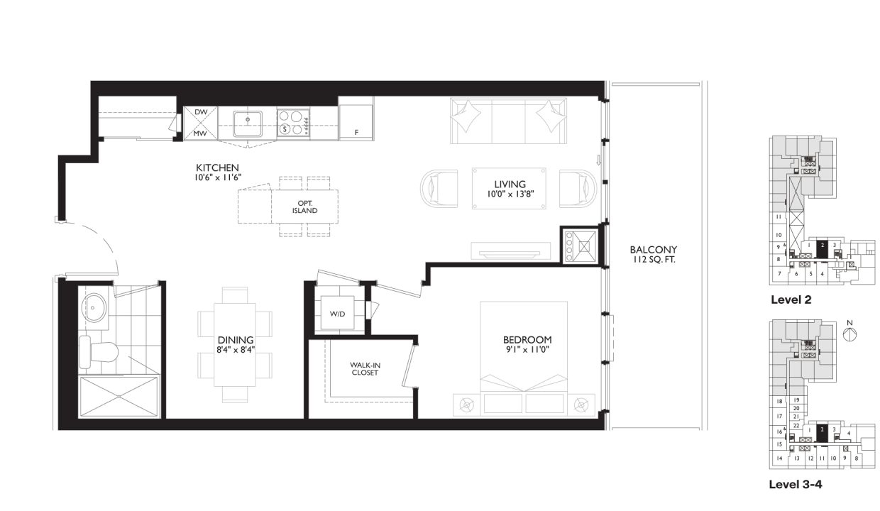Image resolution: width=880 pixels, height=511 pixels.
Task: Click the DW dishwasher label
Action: point(200,113)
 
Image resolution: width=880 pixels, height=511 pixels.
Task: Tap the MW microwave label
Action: point(200,133)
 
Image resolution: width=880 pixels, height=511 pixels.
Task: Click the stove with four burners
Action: point(293,123)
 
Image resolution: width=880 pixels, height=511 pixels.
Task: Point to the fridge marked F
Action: point(356,123)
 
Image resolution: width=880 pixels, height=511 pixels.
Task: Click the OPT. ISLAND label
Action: point(304,207)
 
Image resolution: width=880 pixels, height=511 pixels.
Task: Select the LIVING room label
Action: point(509,185)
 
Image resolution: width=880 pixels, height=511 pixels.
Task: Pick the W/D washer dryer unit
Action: point(337,314)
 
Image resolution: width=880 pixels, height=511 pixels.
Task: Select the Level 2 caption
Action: point(791,300)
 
